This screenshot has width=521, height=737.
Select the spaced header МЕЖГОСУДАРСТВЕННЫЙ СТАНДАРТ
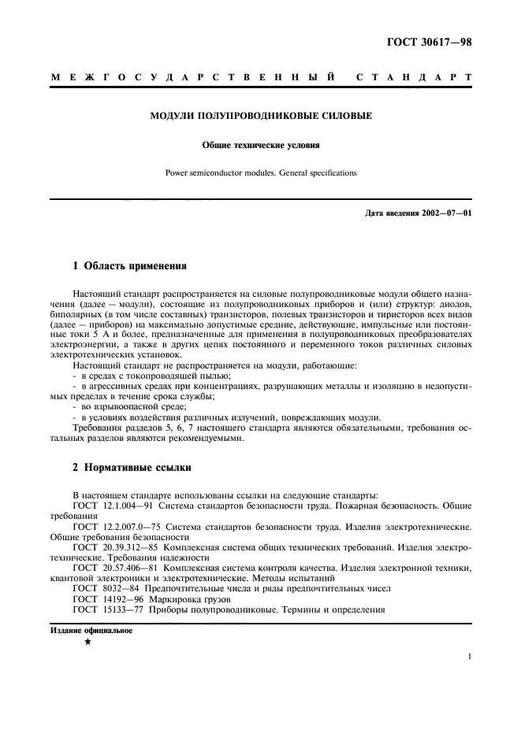(260, 78)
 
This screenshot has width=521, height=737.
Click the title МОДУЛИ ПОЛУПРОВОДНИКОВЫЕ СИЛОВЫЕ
(261, 117)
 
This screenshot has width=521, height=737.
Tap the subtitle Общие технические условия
(261, 145)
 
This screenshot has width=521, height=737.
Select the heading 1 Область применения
(129, 266)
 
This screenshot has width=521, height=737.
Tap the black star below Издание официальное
(87, 643)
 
